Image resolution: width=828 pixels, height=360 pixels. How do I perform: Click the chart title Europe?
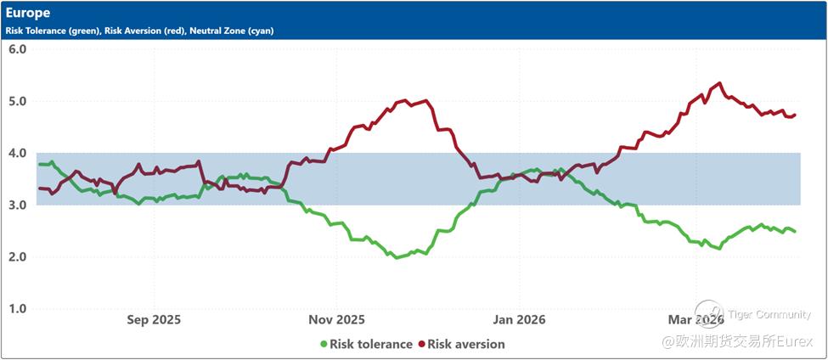(x=28, y=13)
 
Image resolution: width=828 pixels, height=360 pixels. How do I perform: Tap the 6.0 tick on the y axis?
(x=18, y=49)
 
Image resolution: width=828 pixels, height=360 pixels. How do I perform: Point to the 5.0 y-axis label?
(x=18, y=101)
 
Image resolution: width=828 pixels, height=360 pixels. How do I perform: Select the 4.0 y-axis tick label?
(x=18, y=154)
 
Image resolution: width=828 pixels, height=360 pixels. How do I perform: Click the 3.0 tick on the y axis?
(x=18, y=205)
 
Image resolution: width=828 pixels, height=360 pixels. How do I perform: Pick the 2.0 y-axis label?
(x=18, y=257)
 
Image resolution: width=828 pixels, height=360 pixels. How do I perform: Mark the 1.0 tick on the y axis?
(x=18, y=309)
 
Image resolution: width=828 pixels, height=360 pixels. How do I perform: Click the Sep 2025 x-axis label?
(x=154, y=320)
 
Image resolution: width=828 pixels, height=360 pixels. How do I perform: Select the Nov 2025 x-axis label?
(x=337, y=320)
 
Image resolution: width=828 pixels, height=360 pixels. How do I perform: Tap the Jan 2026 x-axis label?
(x=519, y=320)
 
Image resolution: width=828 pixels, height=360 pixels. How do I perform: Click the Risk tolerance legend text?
(x=370, y=345)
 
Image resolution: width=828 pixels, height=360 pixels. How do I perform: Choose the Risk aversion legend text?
(x=466, y=345)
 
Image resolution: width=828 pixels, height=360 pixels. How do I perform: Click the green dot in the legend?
(x=324, y=345)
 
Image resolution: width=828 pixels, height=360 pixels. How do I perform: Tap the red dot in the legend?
(x=420, y=345)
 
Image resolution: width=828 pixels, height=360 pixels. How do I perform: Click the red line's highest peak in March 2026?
(x=720, y=83)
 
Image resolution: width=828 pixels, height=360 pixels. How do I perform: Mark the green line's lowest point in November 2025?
(x=397, y=257)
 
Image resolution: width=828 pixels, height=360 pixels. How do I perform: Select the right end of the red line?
(x=795, y=115)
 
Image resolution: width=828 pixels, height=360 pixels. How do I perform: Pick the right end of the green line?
(x=795, y=232)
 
